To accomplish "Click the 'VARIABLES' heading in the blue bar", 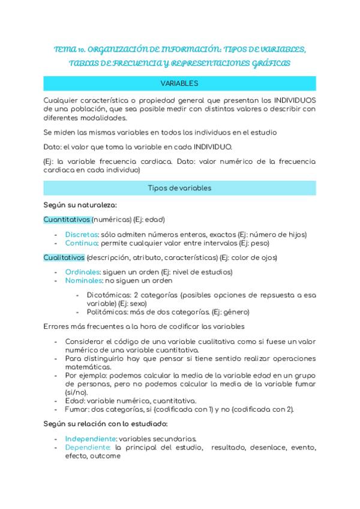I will [179, 83].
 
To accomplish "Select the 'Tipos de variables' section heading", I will [179, 188].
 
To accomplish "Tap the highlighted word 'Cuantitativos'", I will [67, 220].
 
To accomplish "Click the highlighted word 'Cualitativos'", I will [64, 258].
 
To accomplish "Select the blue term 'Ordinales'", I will [82, 272].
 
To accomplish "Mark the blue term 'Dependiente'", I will [88, 447].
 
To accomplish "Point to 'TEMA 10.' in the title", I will [73, 49].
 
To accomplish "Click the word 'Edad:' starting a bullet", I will [76, 401].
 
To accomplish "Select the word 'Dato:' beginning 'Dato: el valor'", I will [54, 147].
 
